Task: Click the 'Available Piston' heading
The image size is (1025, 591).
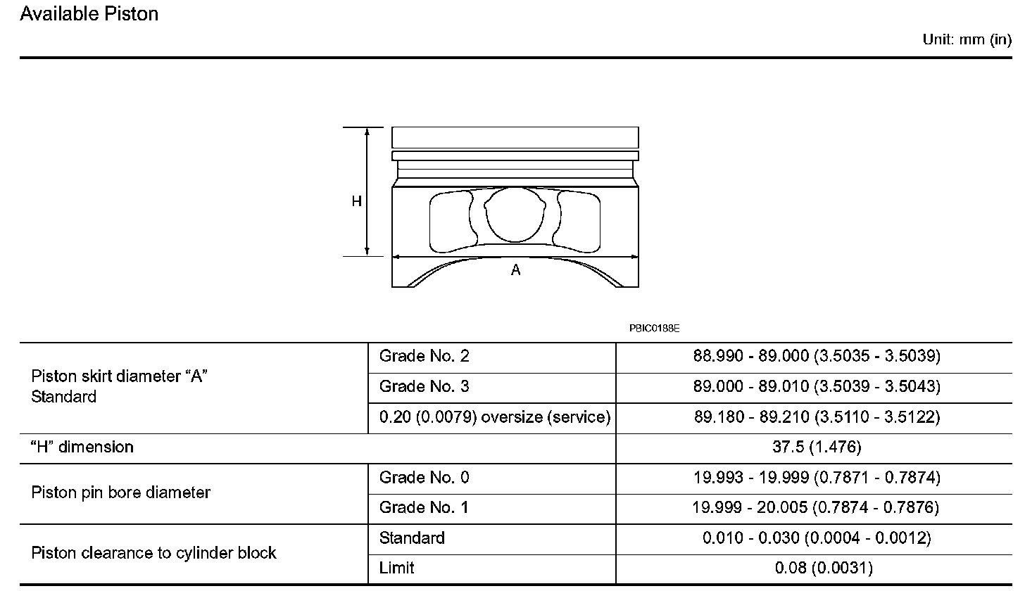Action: click(x=89, y=14)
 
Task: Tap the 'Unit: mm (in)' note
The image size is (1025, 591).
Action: click(x=967, y=40)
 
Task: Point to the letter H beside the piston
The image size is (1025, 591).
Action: click(x=356, y=201)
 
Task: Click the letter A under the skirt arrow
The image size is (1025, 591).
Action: click(x=516, y=270)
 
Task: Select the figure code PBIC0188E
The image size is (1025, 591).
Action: click(x=655, y=329)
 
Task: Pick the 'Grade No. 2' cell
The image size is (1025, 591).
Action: click(x=425, y=356)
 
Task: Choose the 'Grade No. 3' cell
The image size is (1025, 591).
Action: click(x=425, y=386)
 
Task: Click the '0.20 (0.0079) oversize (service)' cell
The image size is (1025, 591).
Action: click(x=495, y=417)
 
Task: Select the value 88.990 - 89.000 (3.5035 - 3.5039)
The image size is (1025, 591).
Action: click(x=817, y=356)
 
